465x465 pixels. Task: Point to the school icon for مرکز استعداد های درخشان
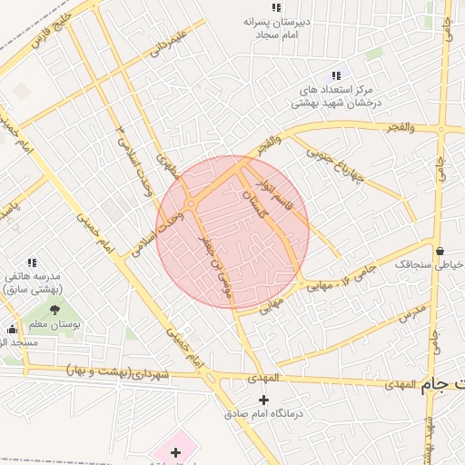coord(336,76)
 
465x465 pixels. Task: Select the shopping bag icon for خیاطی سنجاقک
coord(440,251)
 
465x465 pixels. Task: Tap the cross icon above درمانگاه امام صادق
coord(263,400)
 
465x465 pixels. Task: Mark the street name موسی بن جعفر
coord(216,263)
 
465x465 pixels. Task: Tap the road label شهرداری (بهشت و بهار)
coord(114,371)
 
